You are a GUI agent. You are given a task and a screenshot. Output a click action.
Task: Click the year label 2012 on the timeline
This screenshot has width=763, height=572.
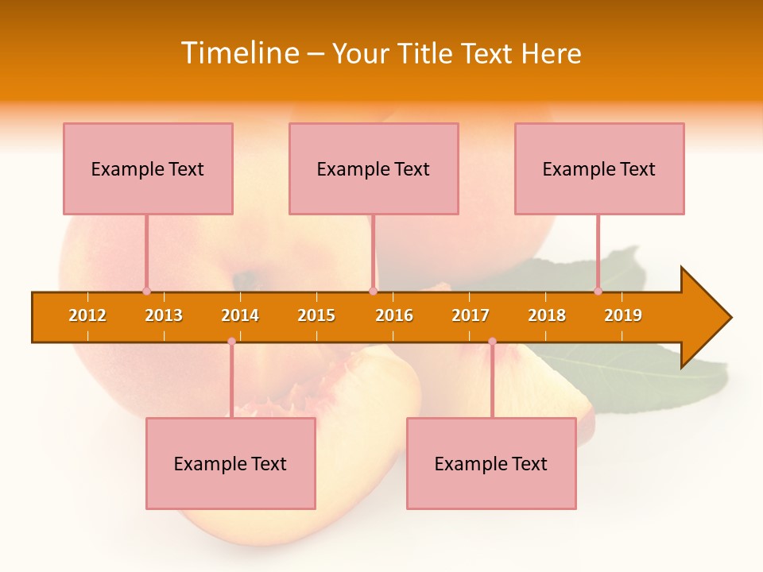87,315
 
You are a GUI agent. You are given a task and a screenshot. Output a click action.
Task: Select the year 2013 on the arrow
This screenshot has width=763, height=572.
164,315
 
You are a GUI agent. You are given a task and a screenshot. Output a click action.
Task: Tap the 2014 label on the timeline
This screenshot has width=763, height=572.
240,315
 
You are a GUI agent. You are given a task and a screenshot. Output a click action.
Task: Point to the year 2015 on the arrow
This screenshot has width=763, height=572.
316,315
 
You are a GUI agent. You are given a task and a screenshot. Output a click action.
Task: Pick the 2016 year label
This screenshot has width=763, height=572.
394,315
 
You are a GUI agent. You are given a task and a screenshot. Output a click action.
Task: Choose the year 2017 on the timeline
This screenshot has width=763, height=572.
471,315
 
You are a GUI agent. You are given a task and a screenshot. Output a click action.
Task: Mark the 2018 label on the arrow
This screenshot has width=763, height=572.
547,315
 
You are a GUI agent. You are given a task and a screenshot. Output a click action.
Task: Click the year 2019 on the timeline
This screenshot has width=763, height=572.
623,315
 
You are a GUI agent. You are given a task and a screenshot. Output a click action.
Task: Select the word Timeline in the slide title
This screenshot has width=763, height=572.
238,53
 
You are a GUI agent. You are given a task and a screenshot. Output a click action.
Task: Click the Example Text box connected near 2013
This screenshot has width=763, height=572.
148,168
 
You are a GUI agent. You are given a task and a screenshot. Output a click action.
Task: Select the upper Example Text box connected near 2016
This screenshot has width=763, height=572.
374,168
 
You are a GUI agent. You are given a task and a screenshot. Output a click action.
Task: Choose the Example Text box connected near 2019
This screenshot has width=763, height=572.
599,168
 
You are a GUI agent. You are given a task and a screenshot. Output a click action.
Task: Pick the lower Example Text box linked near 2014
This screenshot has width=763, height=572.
230,463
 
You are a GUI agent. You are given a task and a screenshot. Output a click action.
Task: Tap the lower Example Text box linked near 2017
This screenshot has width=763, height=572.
491,463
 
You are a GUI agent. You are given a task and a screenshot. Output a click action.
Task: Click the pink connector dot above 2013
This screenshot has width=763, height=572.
146,292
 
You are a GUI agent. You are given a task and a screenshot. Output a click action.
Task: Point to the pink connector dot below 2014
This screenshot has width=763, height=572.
231,342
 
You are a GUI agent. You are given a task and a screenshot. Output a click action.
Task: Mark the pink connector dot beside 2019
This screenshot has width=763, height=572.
598,292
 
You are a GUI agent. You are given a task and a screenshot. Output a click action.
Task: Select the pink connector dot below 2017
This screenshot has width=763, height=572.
492,342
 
